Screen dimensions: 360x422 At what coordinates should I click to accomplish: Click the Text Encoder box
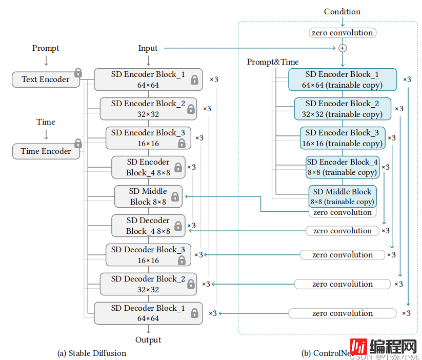45,79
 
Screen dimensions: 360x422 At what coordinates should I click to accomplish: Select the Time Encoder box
46,151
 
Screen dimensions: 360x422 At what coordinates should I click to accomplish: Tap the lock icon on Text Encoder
78,72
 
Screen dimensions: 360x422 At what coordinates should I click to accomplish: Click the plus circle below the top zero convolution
343,48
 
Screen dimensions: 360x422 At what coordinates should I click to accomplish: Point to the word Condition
342,11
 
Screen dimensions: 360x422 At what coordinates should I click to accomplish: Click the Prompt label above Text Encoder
46,48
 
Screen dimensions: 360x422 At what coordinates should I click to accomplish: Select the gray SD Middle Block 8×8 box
148,196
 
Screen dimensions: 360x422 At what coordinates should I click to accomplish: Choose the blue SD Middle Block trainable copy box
343,196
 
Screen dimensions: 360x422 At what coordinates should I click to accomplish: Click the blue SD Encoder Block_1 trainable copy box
342,79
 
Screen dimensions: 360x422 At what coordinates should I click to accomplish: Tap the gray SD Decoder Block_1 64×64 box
148,313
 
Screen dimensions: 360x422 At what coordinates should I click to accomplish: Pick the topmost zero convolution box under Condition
343,33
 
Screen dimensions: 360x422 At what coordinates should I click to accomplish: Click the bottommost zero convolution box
342,313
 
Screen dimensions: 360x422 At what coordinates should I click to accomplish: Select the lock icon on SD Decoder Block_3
182,260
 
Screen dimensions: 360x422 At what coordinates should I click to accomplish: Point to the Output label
148,339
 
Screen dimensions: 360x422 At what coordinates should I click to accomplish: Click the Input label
148,48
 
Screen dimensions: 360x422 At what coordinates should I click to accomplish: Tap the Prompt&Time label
273,62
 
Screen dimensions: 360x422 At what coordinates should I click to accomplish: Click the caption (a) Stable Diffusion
91,353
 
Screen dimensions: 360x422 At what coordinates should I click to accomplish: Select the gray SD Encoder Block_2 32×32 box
148,109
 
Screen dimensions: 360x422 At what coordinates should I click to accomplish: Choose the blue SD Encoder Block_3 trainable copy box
342,138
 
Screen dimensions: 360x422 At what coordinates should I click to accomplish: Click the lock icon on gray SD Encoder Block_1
195,79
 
